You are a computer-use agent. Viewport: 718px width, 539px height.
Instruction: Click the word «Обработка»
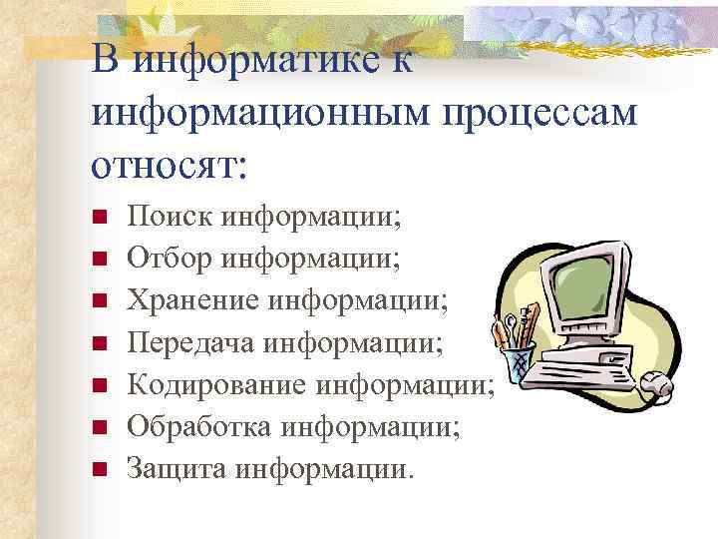coord(195,427)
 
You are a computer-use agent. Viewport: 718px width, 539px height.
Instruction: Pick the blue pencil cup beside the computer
coord(519,363)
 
